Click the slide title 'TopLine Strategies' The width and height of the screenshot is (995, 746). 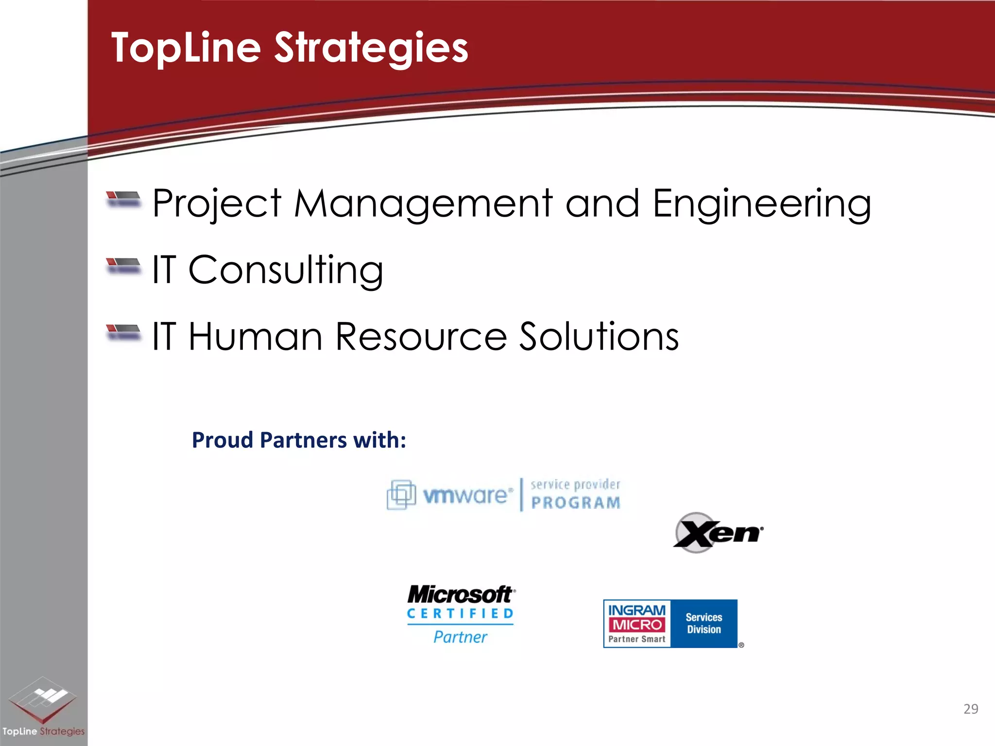click(290, 48)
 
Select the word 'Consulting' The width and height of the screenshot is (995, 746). click(286, 270)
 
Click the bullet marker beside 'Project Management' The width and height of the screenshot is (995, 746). click(123, 199)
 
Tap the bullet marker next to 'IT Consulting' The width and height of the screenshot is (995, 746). click(123, 266)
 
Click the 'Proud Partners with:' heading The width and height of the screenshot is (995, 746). click(299, 440)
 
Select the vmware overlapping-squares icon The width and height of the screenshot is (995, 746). click(401, 494)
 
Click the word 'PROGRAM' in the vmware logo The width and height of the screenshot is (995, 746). click(576, 503)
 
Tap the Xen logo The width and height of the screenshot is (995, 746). click(718, 533)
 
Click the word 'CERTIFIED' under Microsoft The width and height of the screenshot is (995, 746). click(460, 614)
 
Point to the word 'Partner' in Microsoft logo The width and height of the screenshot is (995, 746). click(460, 637)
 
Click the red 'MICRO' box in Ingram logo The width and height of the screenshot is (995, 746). click(637, 625)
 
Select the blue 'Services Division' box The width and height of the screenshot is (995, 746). click(704, 623)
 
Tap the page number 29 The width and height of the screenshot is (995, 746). click(970, 709)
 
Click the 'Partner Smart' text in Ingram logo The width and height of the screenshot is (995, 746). click(636, 639)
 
